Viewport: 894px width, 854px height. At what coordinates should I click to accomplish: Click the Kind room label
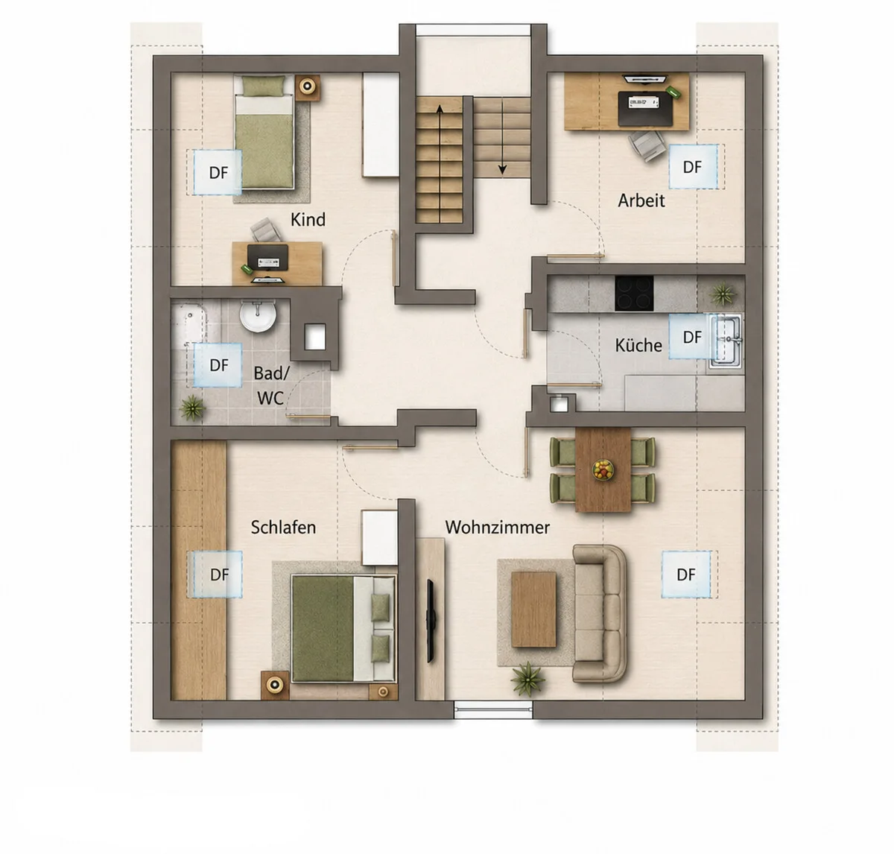308,220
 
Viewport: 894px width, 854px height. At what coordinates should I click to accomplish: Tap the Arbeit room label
641,200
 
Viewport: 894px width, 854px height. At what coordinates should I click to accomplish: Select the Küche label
638,345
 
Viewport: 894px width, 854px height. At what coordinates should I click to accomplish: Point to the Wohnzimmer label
497,527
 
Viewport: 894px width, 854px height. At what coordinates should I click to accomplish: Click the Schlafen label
283,527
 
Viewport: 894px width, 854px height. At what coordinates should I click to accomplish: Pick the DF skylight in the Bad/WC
218,365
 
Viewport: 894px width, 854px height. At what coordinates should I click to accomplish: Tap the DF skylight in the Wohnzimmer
686,574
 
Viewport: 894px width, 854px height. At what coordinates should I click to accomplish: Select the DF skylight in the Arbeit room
693,167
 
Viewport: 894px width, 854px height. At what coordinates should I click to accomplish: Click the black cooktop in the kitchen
634,293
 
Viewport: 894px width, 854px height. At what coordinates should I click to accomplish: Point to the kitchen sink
726,341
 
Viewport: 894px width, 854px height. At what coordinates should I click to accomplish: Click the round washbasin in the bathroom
258,316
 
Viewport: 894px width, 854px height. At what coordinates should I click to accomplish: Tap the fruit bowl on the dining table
603,470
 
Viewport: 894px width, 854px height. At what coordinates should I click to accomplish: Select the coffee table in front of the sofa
533,609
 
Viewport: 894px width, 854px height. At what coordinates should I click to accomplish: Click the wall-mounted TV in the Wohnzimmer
431,621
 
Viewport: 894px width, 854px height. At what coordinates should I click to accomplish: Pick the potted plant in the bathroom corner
192,408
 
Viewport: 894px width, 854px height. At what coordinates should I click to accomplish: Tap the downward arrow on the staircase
503,137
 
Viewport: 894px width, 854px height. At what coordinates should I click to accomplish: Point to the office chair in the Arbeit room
647,145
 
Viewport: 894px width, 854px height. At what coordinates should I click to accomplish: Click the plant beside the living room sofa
528,678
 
